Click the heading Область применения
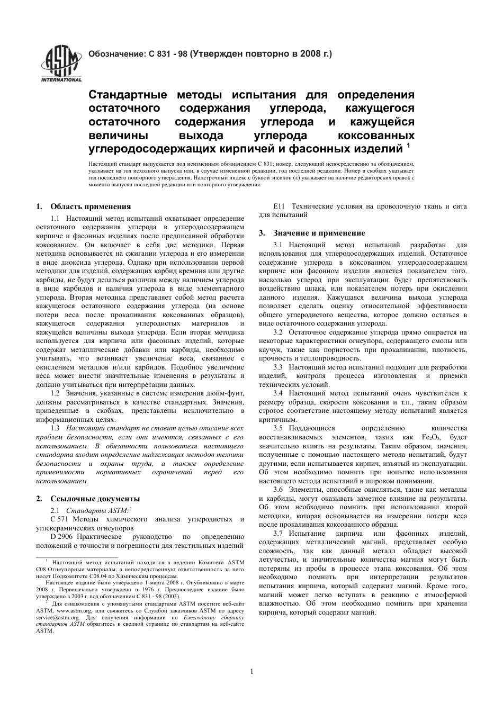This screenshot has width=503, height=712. point(91,206)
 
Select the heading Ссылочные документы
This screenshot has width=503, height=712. point(95,498)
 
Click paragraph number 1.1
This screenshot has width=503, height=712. point(55,218)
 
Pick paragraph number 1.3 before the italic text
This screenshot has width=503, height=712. point(55,428)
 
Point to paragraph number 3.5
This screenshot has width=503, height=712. point(279,428)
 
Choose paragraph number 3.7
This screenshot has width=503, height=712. point(279,533)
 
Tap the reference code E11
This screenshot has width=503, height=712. point(279,206)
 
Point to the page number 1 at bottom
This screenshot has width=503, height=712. point(251,672)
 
